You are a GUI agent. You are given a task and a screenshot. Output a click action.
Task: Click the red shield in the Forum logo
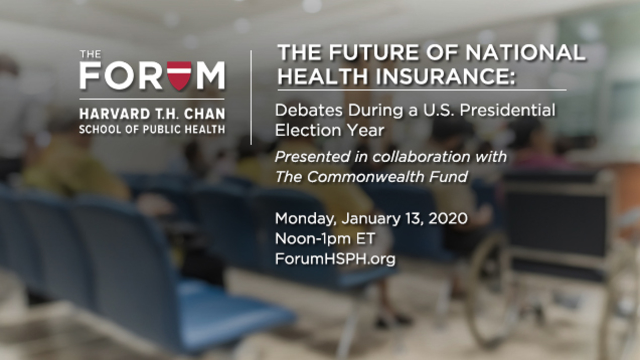(179, 76)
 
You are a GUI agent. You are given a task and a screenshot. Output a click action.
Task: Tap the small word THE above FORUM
(90, 54)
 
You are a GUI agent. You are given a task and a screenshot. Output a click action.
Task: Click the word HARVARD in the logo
(115, 114)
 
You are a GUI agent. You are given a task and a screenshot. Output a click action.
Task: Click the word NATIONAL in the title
(525, 52)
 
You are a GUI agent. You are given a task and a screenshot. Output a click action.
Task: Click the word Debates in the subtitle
(308, 110)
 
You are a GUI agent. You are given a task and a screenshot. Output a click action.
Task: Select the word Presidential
(507, 110)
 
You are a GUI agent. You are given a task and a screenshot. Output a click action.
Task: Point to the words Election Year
(329, 130)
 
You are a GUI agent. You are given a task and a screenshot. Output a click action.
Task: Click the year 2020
(447, 218)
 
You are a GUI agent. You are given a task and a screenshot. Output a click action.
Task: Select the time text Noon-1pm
(313, 239)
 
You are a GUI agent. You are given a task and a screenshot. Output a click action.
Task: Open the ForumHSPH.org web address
(335, 259)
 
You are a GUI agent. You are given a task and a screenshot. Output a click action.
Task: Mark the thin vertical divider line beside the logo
(251, 98)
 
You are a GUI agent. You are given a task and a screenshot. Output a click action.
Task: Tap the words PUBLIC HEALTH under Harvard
(184, 130)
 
